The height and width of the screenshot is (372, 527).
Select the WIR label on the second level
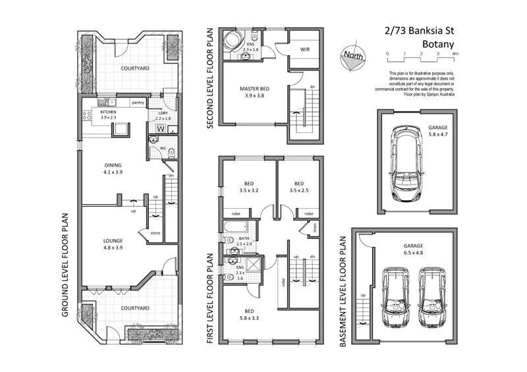pos(306,49)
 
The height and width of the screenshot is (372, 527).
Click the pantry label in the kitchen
pos(138,103)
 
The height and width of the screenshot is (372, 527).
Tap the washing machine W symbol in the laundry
pos(160,128)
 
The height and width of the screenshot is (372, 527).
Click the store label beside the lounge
pos(155,232)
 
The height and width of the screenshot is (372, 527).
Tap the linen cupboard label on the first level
pos(315,228)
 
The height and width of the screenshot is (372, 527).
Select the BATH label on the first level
pos(244,239)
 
